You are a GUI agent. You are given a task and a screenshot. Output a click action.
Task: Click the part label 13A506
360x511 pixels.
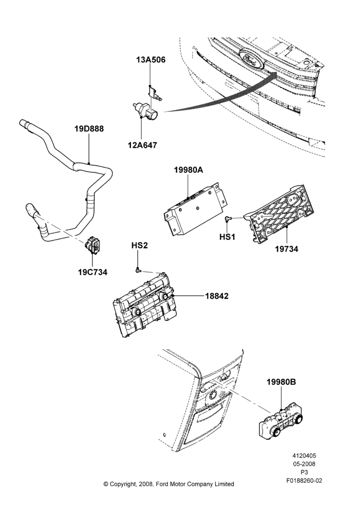pos(151,60)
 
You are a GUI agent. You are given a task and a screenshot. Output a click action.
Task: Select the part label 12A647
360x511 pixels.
pos(142,145)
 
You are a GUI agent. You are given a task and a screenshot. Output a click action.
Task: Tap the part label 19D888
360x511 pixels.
pos(89,129)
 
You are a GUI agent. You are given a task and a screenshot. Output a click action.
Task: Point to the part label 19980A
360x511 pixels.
pos(188,170)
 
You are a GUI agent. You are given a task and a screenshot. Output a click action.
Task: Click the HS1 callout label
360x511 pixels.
pos(227,237)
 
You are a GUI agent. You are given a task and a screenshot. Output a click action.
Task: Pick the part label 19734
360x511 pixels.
pos(286,249)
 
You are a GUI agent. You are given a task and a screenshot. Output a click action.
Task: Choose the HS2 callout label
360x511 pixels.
pos(140,245)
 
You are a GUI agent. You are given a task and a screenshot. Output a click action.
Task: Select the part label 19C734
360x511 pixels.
pos(93,272)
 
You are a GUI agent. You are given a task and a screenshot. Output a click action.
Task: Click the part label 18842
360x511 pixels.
pos(217,296)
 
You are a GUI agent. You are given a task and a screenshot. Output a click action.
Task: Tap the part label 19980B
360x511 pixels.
pos(281,382)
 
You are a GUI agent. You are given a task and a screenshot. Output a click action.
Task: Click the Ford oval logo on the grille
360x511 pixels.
pos(251,59)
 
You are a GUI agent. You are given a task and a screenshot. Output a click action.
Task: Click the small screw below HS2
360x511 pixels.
pos(138,270)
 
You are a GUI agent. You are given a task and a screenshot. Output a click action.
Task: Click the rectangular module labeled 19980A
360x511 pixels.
pos(195,208)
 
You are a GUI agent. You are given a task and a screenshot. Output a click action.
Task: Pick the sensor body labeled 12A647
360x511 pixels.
pos(145,110)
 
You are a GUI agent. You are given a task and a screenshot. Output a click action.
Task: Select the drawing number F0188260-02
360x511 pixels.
pos(304,480)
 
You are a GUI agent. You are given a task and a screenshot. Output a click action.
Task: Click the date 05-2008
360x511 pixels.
pos(304,464)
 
